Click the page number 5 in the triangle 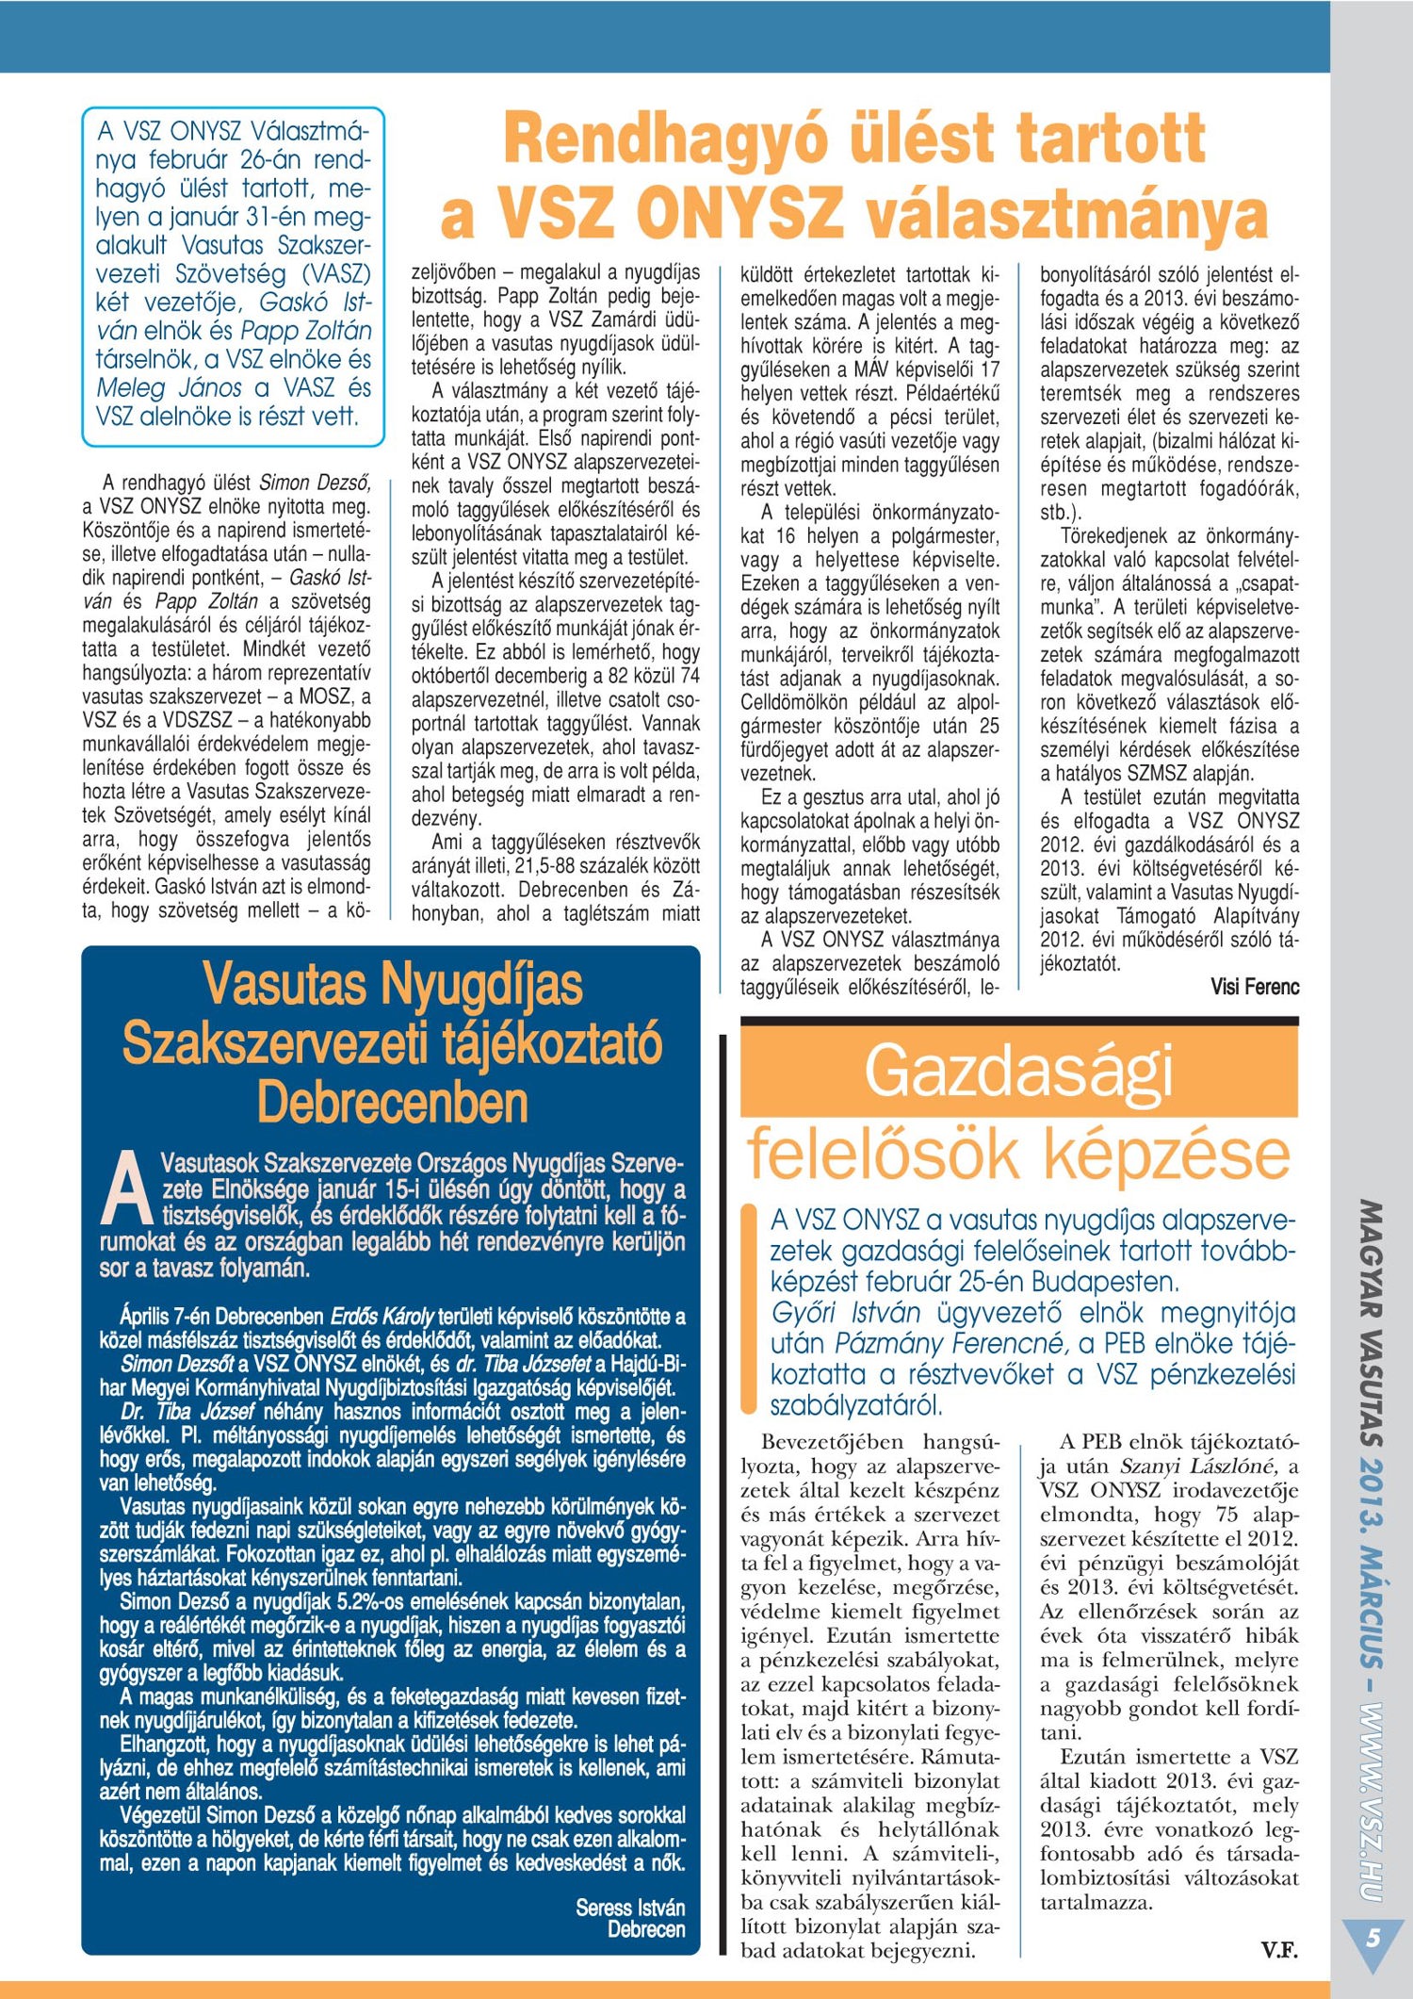coord(1373,1938)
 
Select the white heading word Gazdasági coord(1018,1072)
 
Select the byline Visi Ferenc coord(1255,987)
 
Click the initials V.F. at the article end coord(1279,1950)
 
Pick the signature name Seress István coord(630,1908)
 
